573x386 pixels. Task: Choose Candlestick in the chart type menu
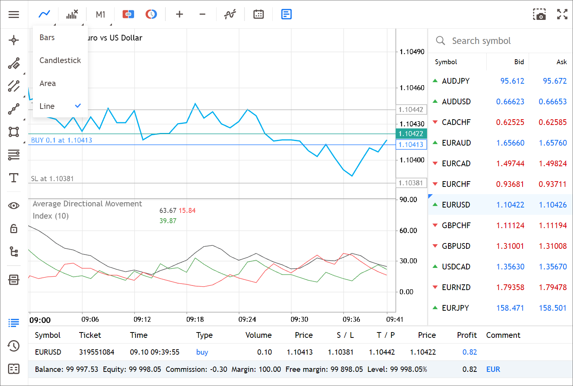point(60,60)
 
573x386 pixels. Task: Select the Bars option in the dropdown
point(47,37)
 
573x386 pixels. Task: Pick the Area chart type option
point(47,83)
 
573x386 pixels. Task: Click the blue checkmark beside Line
point(78,106)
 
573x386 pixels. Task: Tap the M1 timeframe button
point(100,15)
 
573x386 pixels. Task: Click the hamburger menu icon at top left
point(14,15)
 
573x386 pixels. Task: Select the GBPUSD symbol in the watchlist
point(456,246)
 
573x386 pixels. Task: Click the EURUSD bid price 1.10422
point(510,205)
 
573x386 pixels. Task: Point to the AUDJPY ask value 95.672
point(555,81)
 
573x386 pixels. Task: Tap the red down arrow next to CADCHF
point(435,122)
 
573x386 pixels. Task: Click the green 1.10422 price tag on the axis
point(411,134)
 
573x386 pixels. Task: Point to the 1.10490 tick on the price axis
point(412,52)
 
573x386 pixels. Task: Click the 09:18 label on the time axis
point(195,319)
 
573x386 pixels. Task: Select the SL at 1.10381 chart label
point(52,178)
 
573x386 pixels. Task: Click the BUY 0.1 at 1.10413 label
point(62,140)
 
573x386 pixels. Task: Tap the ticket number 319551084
point(97,352)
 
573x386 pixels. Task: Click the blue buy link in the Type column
point(202,352)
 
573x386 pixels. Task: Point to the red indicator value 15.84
point(187,211)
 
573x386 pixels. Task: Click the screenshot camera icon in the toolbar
point(539,15)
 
